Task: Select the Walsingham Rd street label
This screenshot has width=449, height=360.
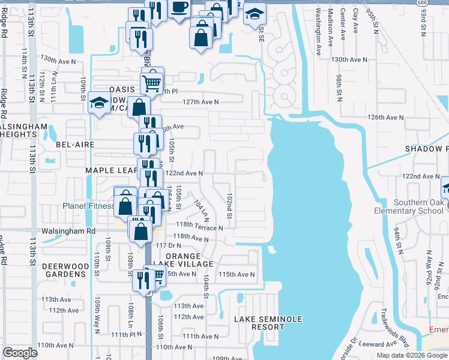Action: click(x=68, y=230)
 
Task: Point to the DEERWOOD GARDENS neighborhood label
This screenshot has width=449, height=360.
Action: click(x=64, y=270)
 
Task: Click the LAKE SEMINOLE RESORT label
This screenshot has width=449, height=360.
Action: click(x=268, y=323)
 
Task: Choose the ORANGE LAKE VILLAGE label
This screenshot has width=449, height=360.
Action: click(x=189, y=260)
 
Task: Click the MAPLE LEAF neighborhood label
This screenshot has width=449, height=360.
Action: click(x=112, y=170)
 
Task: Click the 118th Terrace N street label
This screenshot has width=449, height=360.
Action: click(x=198, y=228)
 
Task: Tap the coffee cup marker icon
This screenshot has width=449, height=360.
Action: click(x=179, y=7)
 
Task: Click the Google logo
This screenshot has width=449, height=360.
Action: click(x=20, y=353)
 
